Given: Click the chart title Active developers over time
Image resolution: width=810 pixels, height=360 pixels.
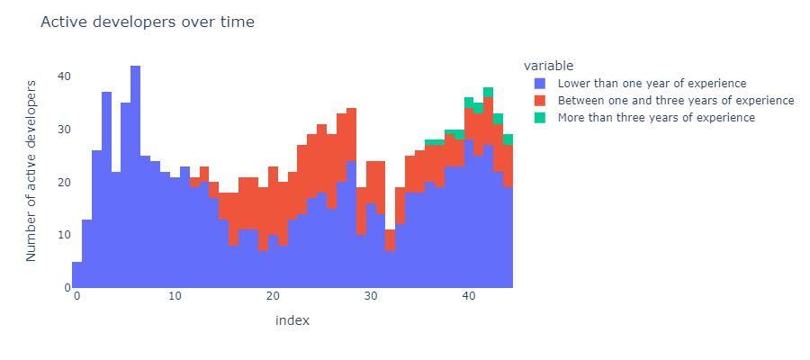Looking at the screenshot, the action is pos(148,22).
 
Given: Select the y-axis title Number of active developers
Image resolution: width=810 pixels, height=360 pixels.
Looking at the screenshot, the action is pos(31,170).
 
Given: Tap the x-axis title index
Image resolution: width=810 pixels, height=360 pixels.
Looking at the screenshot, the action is pos(292,320).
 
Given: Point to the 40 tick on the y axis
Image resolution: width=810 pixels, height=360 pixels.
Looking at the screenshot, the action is pos(64,76).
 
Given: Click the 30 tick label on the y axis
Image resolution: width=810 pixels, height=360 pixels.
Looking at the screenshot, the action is pos(64,129).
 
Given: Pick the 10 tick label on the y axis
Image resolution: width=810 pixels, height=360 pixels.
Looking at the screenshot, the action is pos(64,235).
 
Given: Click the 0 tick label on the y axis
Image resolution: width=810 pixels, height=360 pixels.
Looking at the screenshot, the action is pos(67,288).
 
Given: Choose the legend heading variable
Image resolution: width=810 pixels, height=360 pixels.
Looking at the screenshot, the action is pos(549,66).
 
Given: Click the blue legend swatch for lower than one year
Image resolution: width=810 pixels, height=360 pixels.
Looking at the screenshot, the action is pos(540,83).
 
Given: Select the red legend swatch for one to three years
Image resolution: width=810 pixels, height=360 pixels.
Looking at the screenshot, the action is pos(540,100).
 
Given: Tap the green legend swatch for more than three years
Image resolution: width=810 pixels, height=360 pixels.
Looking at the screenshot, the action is pos(540,118).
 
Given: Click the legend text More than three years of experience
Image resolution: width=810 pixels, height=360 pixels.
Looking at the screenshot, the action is pos(656,118).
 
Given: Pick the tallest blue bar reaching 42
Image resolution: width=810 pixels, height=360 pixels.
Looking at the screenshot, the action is pos(135,176).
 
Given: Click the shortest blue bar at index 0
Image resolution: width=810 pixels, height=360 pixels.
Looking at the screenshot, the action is pos(77,274).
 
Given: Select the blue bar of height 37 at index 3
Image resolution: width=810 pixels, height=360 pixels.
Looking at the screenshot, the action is pos(106,190).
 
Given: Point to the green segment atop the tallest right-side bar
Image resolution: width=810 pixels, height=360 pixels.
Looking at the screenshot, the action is pos(488,92).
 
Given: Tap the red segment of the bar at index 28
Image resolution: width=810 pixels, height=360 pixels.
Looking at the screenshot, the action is pos(351,134).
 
